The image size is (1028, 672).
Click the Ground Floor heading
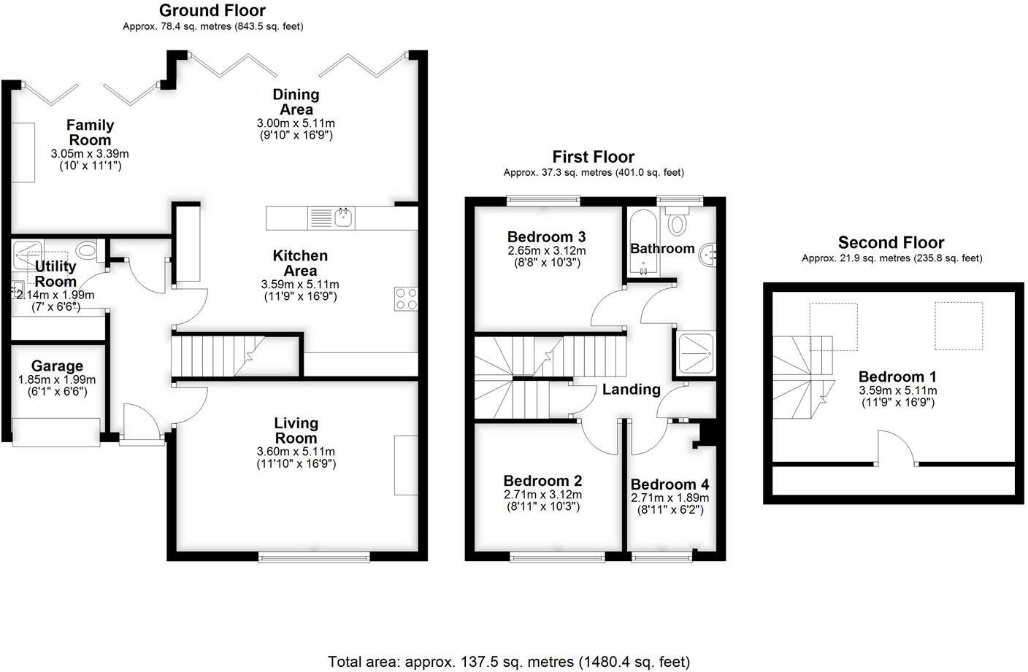pos(212,10)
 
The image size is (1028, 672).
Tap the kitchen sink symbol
pos(343,217)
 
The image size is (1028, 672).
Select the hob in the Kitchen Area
pos(407,299)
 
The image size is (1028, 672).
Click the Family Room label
pos(90,132)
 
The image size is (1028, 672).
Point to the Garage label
pos(57,366)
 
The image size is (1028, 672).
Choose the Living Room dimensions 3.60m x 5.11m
pos(296,452)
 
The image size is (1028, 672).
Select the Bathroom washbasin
pos(708,255)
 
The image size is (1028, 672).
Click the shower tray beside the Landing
pos(696,353)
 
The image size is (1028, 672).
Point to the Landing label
pos(631,390)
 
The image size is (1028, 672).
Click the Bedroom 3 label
pos(546,236)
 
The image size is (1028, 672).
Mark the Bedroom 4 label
pos(670,484)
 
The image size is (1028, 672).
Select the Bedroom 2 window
pos(557,558)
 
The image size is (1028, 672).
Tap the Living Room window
pos(314,558)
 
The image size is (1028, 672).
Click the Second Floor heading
pos(891,242)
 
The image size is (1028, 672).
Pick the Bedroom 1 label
pos(897,376)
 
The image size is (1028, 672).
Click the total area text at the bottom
pos(509,662)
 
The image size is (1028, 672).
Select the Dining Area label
pos(296,101)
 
